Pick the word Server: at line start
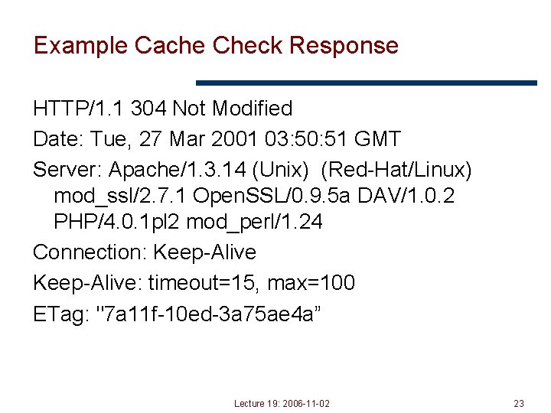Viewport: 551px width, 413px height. point(67,168)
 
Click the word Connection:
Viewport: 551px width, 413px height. point(90,252)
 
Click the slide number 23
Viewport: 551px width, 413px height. point(518,403)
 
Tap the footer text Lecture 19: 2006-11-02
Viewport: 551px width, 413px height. point(282,403)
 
